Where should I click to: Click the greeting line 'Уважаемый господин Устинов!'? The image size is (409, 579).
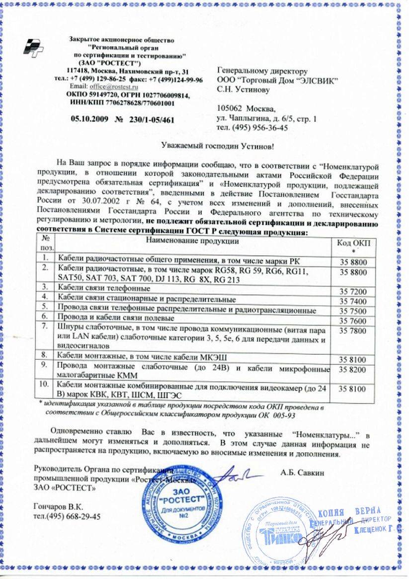pyautogui.click(x=219, y=146)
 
